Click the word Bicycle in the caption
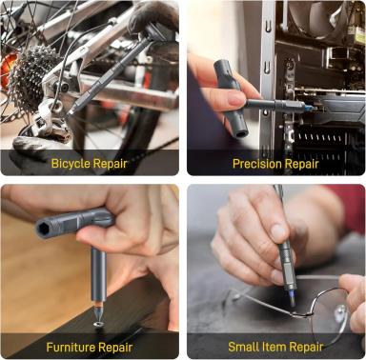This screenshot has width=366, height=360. [71, 164]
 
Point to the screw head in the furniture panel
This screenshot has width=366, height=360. [99, 324]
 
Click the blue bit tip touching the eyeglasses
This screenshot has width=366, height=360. [292, 297]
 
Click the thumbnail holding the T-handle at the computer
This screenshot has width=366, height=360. [236, 98]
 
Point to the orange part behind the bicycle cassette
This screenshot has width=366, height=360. [8, 70]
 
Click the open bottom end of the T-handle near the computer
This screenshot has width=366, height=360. [241, 133]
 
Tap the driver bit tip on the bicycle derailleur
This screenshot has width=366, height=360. [71, 110]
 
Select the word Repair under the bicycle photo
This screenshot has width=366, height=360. [110, 164]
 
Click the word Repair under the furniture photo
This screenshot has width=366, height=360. [115, 347]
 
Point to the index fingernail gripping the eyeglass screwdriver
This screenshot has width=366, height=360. [278, 232]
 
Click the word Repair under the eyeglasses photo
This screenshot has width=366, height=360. [306, 347]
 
